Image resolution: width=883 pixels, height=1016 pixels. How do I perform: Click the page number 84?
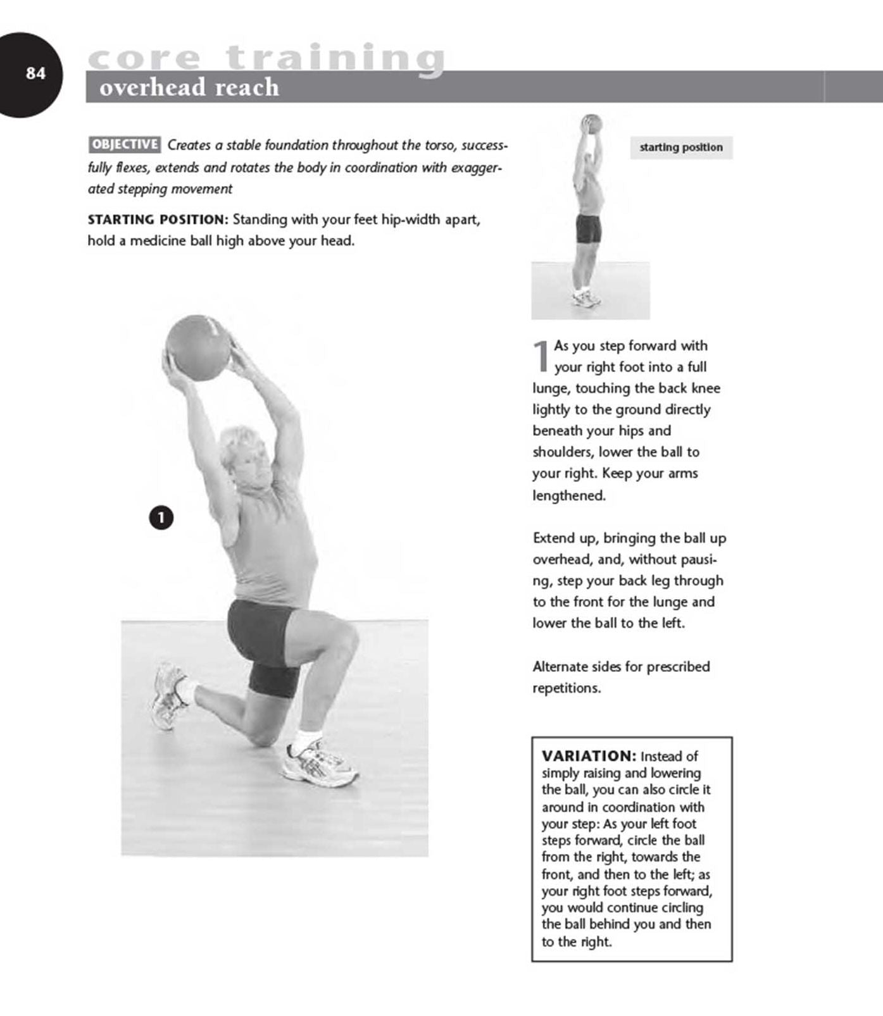pyautogui.click(x=35, y=73)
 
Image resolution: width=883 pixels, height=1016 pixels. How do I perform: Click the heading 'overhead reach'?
pyautogui.click(x=189, y=87)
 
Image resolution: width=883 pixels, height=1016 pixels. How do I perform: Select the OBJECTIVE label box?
pyautogui.click(x=124, y=144)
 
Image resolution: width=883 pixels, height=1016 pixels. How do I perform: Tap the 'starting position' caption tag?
pyautogui.click(x=680, y=147)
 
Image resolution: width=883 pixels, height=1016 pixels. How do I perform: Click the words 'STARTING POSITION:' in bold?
pyautogui.click(x=157, y=220)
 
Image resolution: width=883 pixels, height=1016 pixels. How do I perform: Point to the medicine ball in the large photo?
pyautogui.click(x=197, y=348)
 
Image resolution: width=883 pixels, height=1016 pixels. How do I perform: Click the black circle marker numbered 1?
pyautogui.click(x=161, y=518)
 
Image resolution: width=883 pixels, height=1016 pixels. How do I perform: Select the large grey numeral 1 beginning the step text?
pyautogui.click(x=541, y=356)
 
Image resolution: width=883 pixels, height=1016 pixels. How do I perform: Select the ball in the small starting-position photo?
pyautogui.click(x=591, y=123)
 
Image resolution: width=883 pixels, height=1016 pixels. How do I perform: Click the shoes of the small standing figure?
pyautogui.click(x=586, y=299)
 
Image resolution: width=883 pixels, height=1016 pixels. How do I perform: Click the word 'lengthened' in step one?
pyautogui.click(x=568, y=495)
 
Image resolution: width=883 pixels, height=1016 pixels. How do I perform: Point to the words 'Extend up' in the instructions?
pyautogui.click(x=565, y=538)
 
